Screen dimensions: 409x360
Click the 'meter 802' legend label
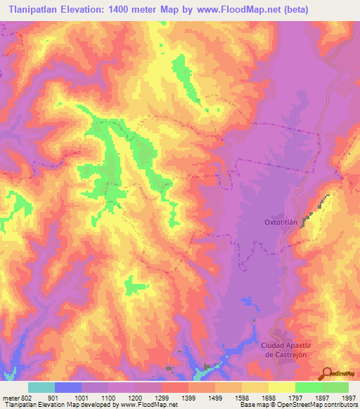pos(15,397)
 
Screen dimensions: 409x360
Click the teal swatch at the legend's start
pos(41,387)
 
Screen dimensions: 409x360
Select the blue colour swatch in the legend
pos(68,387)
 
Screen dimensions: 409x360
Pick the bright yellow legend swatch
pos(281,387)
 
